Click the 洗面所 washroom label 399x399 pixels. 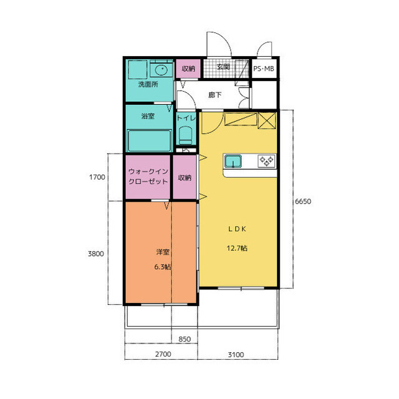coord(148,84)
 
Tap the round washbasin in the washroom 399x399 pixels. coord(161,70)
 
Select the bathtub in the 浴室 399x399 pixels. coord(149,141)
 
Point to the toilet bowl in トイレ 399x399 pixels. coord(186,135)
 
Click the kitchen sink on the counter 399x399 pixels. coord(233,161)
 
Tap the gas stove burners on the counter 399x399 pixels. coord(266,161)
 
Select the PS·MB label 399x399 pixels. coord(264,69)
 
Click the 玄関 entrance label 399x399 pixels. coord(223,67)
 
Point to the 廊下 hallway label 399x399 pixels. coord(214,95)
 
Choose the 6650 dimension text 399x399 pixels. coord(303,202)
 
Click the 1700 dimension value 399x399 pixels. coord(97,177)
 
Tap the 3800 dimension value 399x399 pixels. coord(95,254)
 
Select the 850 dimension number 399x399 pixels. coord(185,339)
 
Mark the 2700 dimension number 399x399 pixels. coord(163,354)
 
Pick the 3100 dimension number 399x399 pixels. coord(236,355)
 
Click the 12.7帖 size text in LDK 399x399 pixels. coord(237,248)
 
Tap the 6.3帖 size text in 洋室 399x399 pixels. coord(163,267)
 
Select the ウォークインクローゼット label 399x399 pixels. coord(148,176)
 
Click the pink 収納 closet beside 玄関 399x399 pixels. coord(188,69)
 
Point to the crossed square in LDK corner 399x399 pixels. coord(267,121)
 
